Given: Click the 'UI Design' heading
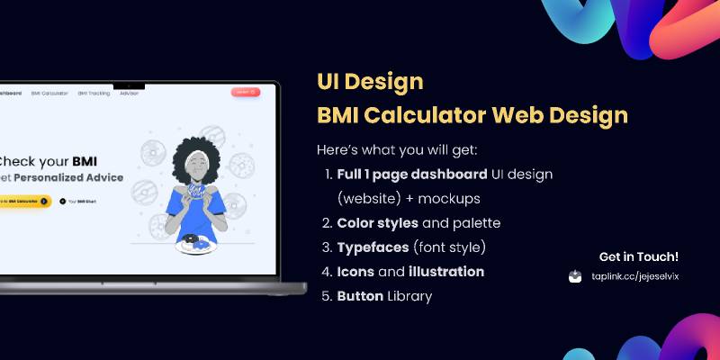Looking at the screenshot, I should pyautogui.click(x=370, y=82).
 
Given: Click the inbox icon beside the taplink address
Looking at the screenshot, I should pyautogui.click(x=576, y=277).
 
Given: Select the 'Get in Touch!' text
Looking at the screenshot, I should pyautogui.click(x=639, y=256).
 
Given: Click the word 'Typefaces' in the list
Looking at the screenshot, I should pyautogui.click(x=373, y=247).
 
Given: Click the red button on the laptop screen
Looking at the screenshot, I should pyautogui.click(x=245, y=92).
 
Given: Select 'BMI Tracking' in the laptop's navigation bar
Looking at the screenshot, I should pyautogui.click(x=94, y=93).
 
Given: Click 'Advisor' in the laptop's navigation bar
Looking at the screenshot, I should pyautogui.click(x=130, y=93).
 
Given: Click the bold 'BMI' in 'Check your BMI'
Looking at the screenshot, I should pyautogui.click(x=85, y=162).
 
